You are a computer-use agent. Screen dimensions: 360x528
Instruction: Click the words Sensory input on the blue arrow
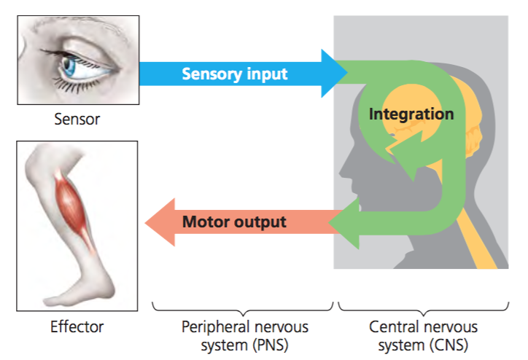[234, 74]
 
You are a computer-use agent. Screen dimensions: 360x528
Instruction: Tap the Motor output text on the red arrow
[233, 222]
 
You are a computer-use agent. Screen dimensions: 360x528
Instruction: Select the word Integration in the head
[411, 114]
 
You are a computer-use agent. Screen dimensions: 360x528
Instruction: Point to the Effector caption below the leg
[77, 327]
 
